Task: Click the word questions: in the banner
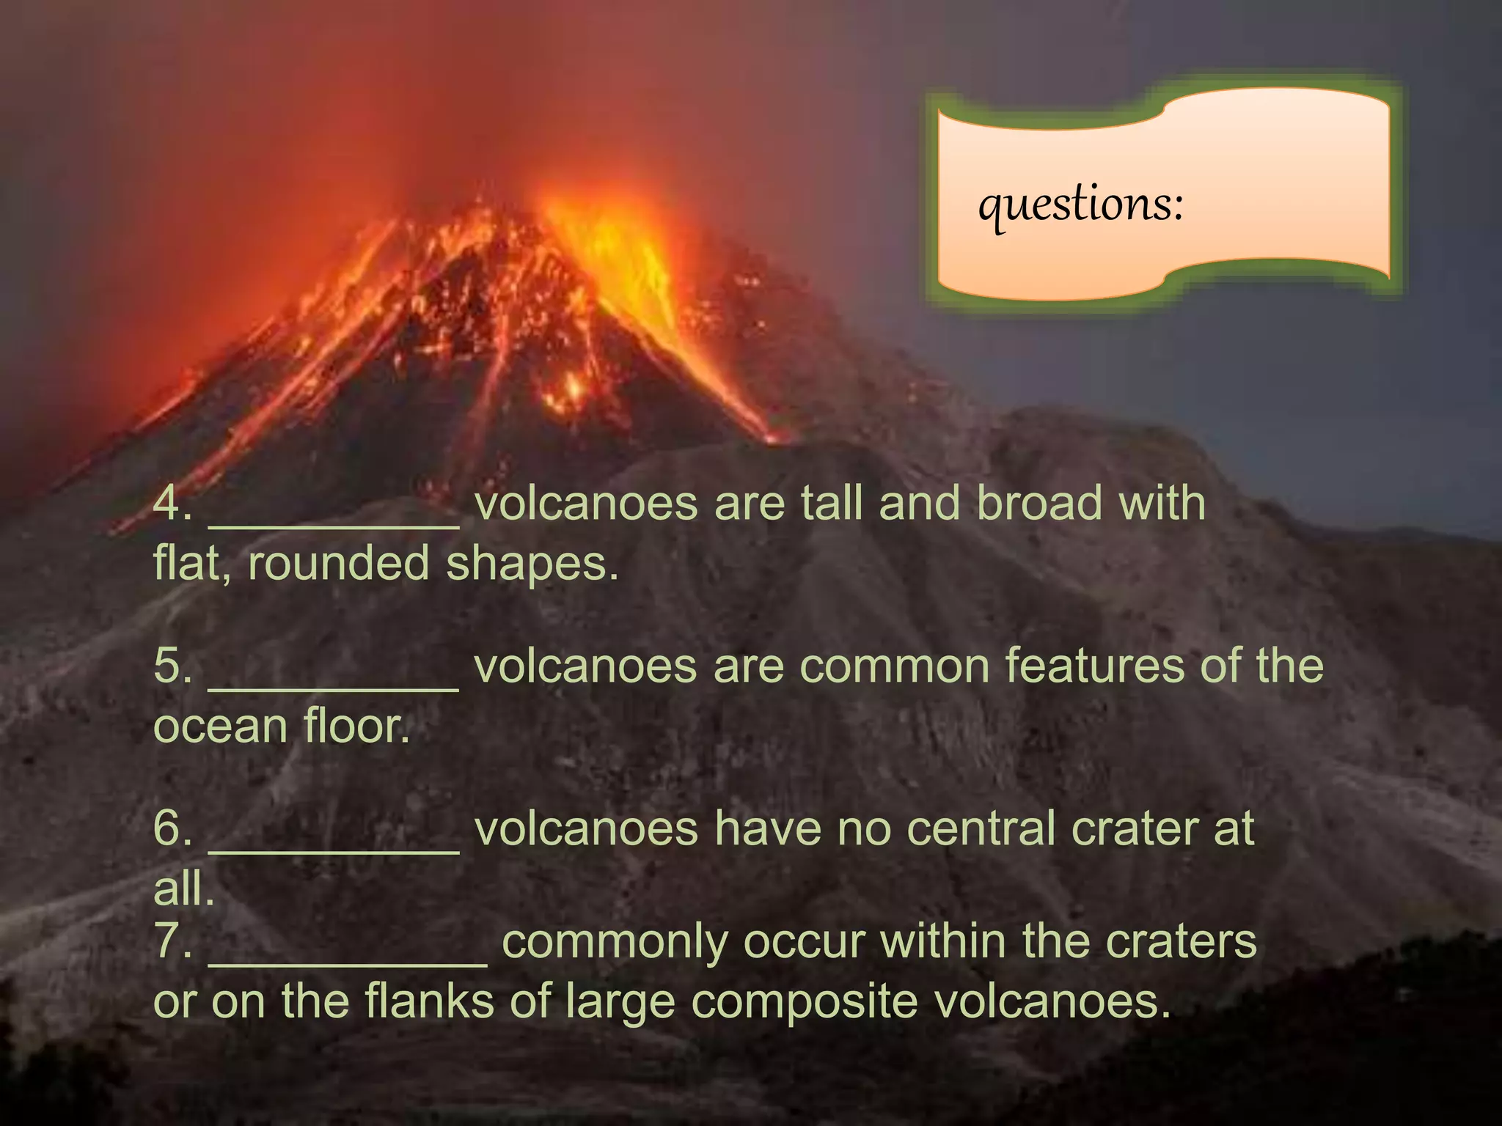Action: [x=1080, y=205]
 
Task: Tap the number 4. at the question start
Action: [x=172, y=504]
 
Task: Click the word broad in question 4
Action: [x=1038, y=504]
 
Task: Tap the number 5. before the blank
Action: [x=172, y=666]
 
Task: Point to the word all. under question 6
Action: [x=183, y=889]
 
